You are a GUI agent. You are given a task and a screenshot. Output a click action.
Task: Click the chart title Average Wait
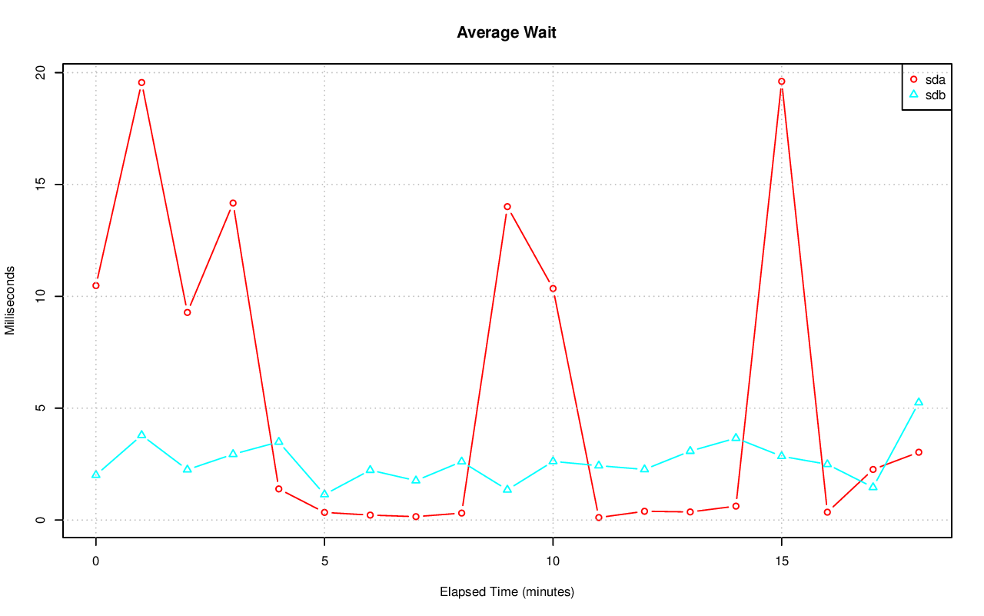(x=506, y=32)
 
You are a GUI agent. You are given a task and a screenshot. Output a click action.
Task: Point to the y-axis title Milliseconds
(x=10, y=301)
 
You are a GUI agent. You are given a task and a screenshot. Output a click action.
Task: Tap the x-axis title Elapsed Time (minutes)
(x=507, y=592)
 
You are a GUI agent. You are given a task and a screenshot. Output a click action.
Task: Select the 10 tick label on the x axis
(x=553, y=562)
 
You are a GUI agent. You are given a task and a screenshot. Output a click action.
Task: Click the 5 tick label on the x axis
(x=324, y=562)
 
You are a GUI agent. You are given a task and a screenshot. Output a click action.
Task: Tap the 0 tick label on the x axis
(x=96, y=562)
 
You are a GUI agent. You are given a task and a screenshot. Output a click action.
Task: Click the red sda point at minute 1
(x=141, y=82)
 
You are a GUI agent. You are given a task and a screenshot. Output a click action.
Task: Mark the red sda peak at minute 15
(x=781, y=82)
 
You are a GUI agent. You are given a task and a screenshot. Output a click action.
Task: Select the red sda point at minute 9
(x=507, y=207)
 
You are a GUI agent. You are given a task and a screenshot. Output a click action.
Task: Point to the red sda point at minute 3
(x=233, y=203)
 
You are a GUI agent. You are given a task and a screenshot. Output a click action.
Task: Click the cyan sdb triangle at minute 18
(x=919, y=402)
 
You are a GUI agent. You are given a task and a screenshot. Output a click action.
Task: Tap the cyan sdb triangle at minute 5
(x=324, y=494)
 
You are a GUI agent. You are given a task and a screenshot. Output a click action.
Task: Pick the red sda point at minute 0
(x=96, y=285)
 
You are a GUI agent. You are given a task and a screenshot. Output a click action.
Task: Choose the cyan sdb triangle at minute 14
(x=736, y=438)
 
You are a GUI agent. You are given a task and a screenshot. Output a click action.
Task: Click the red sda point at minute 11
(x=599, y=518)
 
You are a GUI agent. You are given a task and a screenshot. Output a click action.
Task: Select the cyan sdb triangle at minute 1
(x=141, y=435)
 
